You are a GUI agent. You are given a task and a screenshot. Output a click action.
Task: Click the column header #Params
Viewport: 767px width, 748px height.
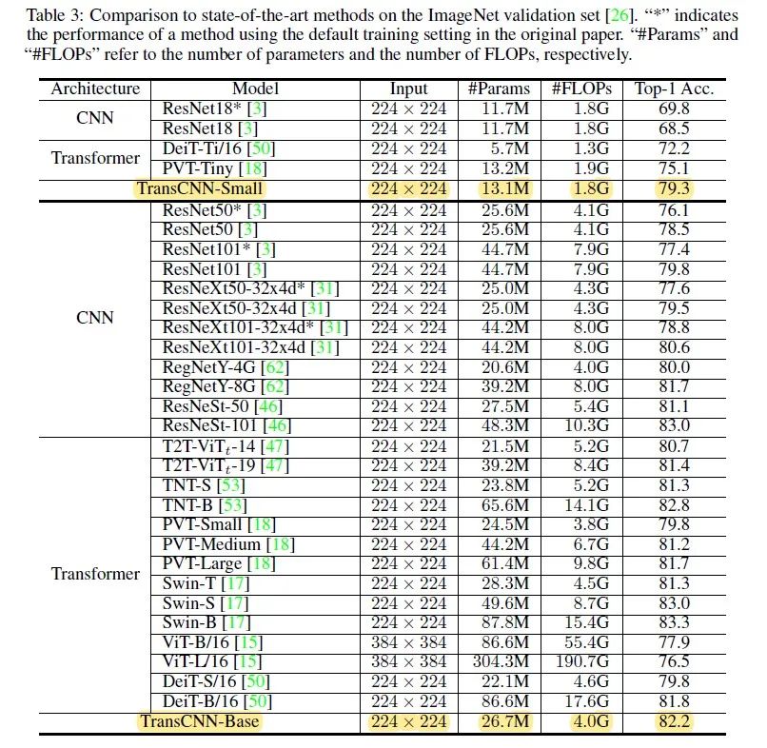point(500,89)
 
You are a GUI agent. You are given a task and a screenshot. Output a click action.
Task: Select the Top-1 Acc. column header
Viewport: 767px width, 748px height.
point(674,89)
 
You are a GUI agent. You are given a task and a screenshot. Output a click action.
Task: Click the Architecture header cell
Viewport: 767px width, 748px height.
point(95,89)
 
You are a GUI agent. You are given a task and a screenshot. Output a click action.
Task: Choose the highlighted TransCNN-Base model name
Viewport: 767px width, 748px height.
point(200,721)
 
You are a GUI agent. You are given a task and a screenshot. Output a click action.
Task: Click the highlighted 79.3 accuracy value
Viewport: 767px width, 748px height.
point(674,188)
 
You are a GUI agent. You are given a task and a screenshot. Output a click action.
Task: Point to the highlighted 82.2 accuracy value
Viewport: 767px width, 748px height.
point(674,721)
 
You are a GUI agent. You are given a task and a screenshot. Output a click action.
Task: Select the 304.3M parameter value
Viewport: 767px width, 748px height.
point(501,661)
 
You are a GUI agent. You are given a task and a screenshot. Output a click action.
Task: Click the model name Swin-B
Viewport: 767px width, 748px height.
point(190,622)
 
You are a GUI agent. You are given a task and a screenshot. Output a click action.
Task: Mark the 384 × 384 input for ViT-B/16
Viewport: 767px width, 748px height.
point(408,642)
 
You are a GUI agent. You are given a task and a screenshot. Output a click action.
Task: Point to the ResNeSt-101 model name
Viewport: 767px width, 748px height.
point(212,425)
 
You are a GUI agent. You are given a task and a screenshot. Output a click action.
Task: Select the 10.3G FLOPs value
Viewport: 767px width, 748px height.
point(584,425)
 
